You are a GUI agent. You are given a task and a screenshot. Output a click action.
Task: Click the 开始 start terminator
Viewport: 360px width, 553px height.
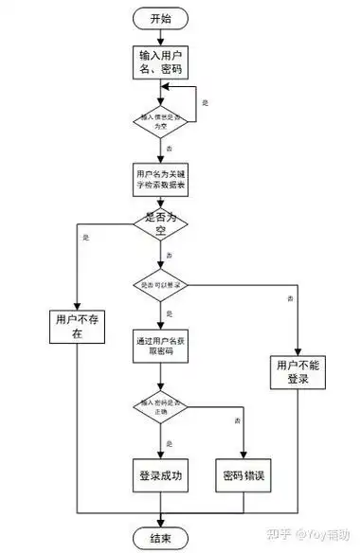[x=160, y=18]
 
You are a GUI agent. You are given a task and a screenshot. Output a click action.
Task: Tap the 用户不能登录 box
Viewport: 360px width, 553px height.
[x=296, y=370]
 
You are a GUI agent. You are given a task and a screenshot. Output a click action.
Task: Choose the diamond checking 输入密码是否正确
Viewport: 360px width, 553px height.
[x=160, y=408]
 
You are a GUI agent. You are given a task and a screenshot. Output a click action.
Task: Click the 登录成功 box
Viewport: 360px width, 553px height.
[x=160, y=473]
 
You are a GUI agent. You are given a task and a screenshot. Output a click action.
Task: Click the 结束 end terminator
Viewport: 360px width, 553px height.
[x=160, y=537]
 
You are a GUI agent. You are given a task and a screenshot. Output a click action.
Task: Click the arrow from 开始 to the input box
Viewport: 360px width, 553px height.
[x=160, y=37]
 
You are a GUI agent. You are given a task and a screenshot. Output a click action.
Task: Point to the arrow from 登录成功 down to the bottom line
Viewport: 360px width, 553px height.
[x=160, y=503]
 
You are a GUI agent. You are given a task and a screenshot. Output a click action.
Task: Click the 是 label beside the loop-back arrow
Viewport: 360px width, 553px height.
[x=206, y=102]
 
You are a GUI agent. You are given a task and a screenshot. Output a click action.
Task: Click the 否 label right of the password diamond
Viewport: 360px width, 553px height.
[x=236, y=419]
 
